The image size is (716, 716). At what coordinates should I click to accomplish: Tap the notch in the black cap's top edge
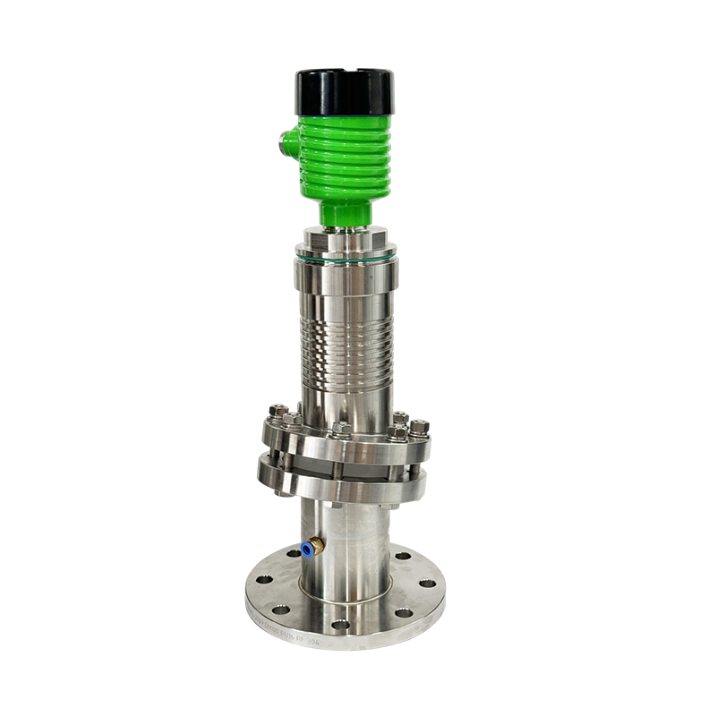345,71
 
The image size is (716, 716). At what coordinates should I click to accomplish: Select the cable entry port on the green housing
288,141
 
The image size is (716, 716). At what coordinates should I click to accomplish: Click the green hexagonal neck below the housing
345,213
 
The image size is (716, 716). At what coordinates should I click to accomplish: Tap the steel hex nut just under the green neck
345,238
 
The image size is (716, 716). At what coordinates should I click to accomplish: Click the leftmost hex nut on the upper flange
277,413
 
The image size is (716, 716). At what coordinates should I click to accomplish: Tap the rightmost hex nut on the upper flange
419,428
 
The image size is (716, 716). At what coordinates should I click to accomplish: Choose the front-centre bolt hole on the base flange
340,624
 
